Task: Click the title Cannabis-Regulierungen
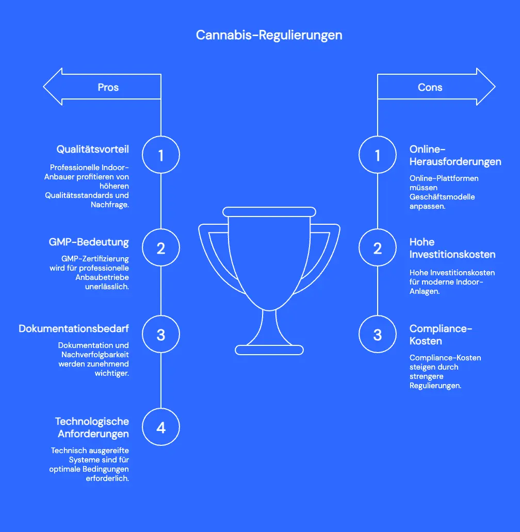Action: (x=269, y=35)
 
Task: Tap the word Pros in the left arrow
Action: (x=108, y=87)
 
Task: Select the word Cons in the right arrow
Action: (x=430, y=87)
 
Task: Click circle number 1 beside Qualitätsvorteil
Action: (x=161, y=155)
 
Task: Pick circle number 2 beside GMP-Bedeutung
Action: (x=161, y=248)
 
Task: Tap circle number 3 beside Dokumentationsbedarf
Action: (x=161, y=335)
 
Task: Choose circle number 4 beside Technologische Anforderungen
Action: (x=161, y=427)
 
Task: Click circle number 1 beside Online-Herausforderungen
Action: (x=378, y=155)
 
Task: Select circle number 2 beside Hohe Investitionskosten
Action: (x=378, y=248)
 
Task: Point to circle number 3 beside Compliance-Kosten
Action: (x=378, y=335)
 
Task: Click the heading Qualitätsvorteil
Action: (x=92, y=149)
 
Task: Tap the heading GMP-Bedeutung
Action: (x=89, y=242)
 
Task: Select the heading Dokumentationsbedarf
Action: (x=74, y=328)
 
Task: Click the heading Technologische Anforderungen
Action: (x=92, y=427)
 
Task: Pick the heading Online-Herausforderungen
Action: (x=455, y=155)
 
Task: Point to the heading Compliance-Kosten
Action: (x=441, y=335)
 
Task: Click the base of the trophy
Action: (x=269, y=350)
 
